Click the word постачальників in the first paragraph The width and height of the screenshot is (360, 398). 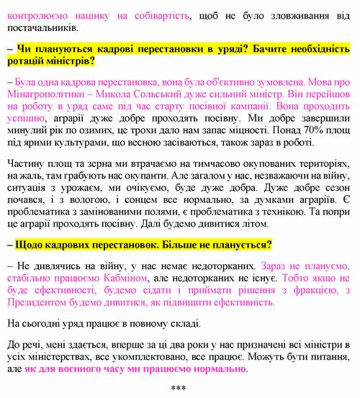(x=40, y=28)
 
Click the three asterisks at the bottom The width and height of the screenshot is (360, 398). (x=179, y=390)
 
